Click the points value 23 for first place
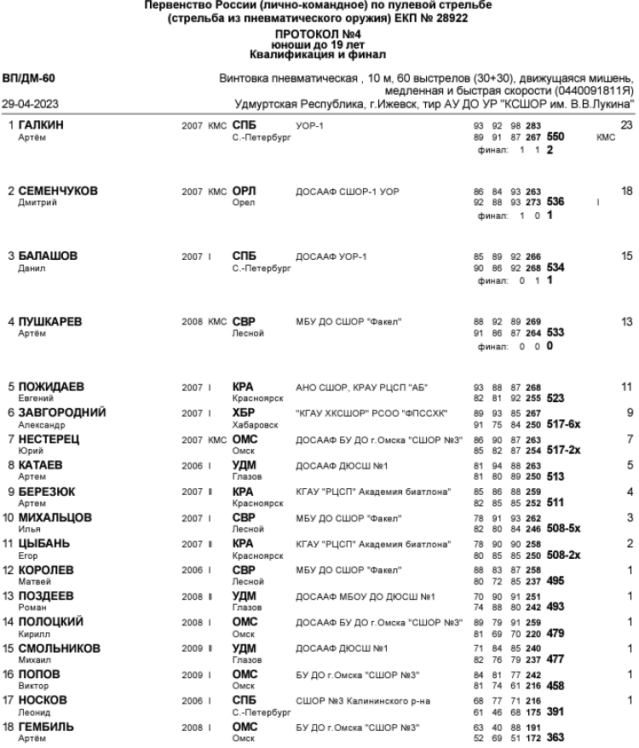(x=627, y=125)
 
